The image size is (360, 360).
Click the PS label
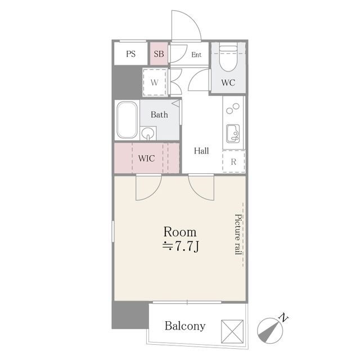click(x=130, y=54)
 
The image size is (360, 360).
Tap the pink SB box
click(x=159, y=53)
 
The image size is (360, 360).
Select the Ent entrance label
click(x=196, y=55)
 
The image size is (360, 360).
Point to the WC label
click(x=228, y=83)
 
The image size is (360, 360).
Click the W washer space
click(x=155, y=82)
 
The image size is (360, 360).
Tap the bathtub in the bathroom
click(x=127, y=120)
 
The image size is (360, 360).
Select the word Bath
click(x=159, y=114)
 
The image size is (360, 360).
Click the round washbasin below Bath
click(x=147, y=133)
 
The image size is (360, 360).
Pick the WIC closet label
click(x=146, y=159)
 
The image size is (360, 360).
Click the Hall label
click(x=201, y=151)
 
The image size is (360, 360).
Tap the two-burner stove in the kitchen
click(x=233, y=109)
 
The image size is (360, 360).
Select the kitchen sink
click(x=233, y=134)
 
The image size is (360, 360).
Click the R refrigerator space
click(x=234, y=161)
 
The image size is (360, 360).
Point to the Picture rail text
click(x=238, y=235)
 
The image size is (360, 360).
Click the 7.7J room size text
click(x=181, y=247)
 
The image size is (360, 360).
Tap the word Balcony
click(x=185, y=326)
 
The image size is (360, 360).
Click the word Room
click(x=180, y=232)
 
